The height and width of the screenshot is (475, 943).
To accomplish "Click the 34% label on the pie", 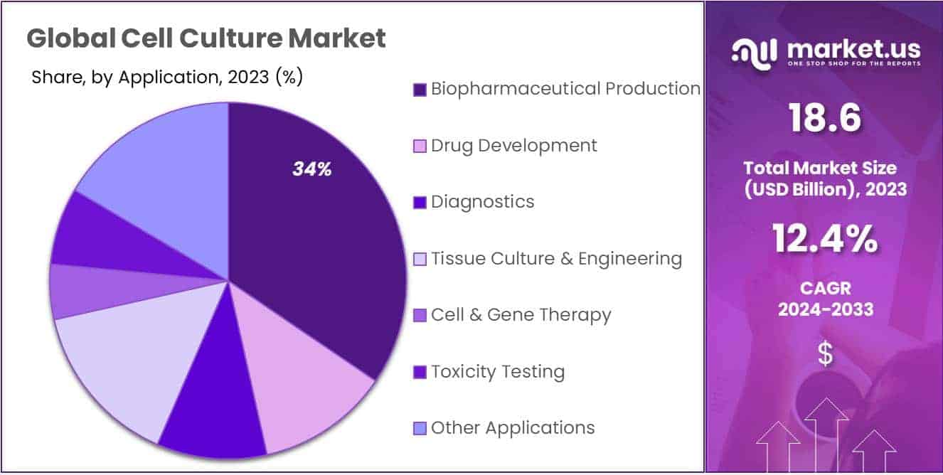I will click(x=312, y=169).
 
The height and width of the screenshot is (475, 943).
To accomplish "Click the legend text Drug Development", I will click(x=513, y=146).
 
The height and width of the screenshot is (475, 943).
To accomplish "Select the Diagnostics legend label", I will click(x=482, y=202).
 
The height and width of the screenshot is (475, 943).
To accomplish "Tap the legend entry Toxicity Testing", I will click(x=497, y=372).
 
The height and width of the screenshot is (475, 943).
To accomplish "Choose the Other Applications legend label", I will click(x=512, y=428).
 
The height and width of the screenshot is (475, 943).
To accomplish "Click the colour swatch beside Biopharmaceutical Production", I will click(x=420, y=90).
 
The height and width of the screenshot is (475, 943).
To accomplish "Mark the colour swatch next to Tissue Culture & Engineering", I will click(x=420, y=260).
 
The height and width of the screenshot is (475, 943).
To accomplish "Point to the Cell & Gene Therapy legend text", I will click(x=521, y=315).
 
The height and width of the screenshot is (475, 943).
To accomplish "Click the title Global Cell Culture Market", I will click(x=206, y=38).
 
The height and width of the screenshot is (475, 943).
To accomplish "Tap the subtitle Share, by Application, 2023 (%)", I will click(x=167, y=78).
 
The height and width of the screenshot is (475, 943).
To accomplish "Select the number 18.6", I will click(x=825, y=119).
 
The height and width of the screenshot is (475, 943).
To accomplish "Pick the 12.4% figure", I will click(x=825, y=239).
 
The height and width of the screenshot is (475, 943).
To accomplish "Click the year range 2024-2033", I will click(x=825, y=310).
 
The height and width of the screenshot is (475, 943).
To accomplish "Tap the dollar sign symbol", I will click(x=825, y=354).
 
